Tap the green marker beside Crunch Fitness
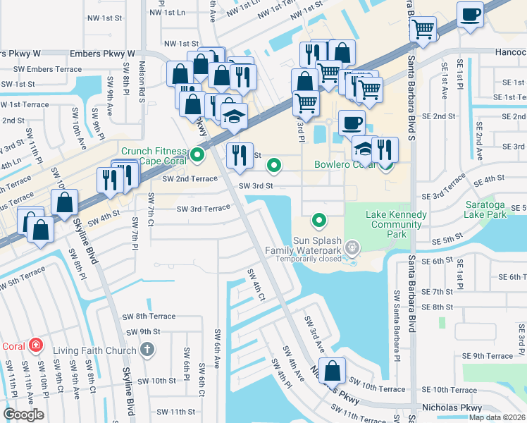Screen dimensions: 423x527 click(198, 153)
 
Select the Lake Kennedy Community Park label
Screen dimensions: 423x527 click(396, 224)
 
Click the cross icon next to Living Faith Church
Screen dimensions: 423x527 click(147, 349)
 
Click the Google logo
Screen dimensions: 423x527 click(24, 415)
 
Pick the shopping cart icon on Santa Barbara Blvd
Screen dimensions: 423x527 click(423, 30)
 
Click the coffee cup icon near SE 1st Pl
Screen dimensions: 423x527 click(470, 14)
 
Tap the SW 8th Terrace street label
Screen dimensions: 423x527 click(150, 317)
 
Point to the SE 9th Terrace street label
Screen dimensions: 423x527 click(488, 356)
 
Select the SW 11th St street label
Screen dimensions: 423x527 click(175, 412)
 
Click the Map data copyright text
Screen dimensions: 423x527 click(497, 417)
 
